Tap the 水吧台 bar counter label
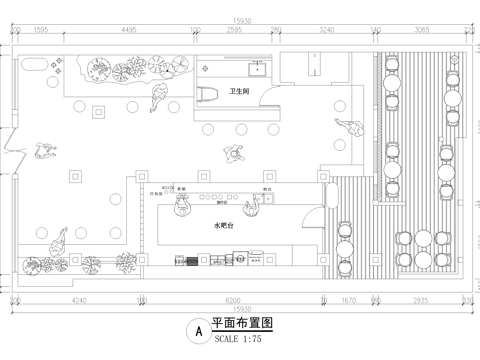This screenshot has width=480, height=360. click(225, 227)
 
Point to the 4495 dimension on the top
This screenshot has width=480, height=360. click(128, 31)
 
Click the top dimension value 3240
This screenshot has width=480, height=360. click(326, 31)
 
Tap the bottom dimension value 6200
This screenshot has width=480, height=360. click(233, 299)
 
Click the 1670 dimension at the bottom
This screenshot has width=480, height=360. click(349, 299)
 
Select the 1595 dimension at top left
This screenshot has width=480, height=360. click(41, 31)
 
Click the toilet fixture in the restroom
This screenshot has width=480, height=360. click(210, 95)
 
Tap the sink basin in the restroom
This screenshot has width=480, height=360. click(258, 68)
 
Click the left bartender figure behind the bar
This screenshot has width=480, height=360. click(181, 205)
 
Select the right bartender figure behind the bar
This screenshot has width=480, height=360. click(257, 204)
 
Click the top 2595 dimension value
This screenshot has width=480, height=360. click(236, 31)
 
